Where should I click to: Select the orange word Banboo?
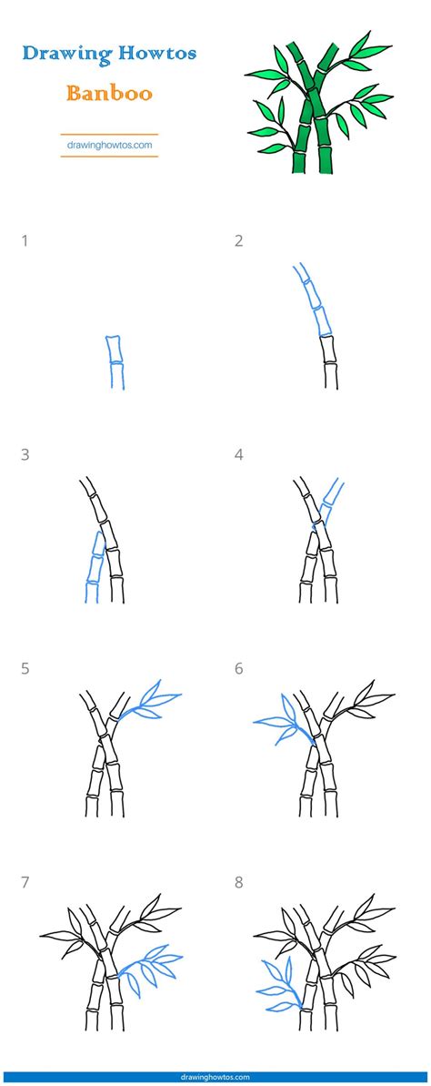[109, 93]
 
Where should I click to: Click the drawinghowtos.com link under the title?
[109, 146]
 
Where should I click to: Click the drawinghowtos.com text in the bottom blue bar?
[215, 1077]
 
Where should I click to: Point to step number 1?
[25, 241]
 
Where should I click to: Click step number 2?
[238, 241]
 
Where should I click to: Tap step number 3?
[25, 455]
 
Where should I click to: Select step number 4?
[238, 455]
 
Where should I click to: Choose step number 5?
[25, 669]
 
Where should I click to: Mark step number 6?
[238, 669]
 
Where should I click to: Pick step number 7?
[25, 883]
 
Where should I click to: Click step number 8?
[238, 883]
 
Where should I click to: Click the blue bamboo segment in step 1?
[115, 361]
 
